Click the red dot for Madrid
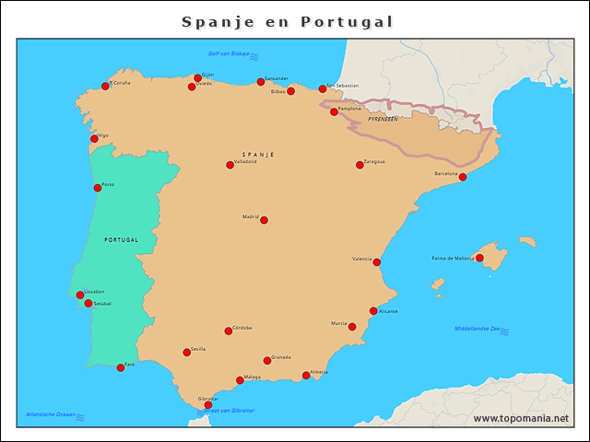pyautogui.click(x=264, y=220)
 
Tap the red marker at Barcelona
pyautogui.click(x=463, y=177)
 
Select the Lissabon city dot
pyautogui.click(x=80, y=295)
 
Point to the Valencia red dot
pyautogui.click(x=376, y=262)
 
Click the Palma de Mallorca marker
pyautogui.click(x=479, y=258)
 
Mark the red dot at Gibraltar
pyautogui.click(x=208, y=405)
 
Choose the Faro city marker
pyautogui.click(x=121, y=367)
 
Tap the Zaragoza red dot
pyautogui.click(x=360, y=165)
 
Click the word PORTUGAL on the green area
pyautogui.click(x=122, y=239)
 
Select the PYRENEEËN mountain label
pyautogui.click(x=382, y=120)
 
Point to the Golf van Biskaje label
pyautogui.click(x=229, y=55)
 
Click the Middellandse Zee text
pyautogui.click(x=476, y=329)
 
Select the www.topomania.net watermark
pyautogui.click(x=521, y=419)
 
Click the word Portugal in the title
pyautogui.click(x=347, y=21)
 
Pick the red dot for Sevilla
pyautogui.click(x=187, y=352)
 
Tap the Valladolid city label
pyautogui.click(x=246, y=161)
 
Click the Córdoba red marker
pyautogui.click(x=229, y=331)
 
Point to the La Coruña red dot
pyautogui.click(x=105, y=86)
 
